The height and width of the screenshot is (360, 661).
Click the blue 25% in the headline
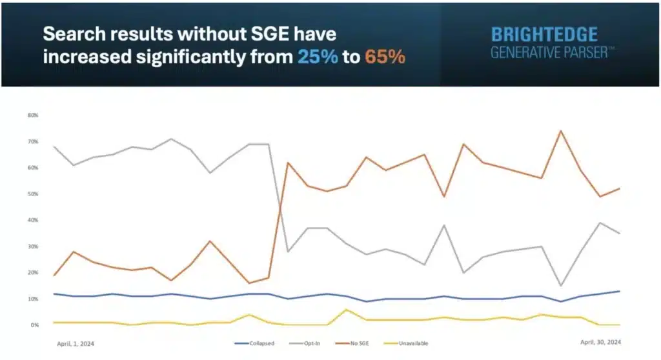point(318,57)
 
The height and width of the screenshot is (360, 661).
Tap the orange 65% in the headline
point(385,57)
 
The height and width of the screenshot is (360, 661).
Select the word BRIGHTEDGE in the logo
point(544,35)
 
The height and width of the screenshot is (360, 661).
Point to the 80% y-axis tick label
point(33,115)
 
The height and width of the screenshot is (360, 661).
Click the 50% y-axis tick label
point(33,194)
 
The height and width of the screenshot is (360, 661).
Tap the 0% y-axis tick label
point(34,325)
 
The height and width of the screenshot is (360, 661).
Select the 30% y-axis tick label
point(33,246)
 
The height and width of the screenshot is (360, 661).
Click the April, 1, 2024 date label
point(76,343)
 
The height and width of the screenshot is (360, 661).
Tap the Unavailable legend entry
point(409,343)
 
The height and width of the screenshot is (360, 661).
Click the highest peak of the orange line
point(560,131)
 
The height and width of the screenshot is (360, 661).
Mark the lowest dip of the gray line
point(560,286)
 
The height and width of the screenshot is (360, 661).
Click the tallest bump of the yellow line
point(346,310)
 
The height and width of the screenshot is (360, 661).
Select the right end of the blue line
point(620,291)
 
